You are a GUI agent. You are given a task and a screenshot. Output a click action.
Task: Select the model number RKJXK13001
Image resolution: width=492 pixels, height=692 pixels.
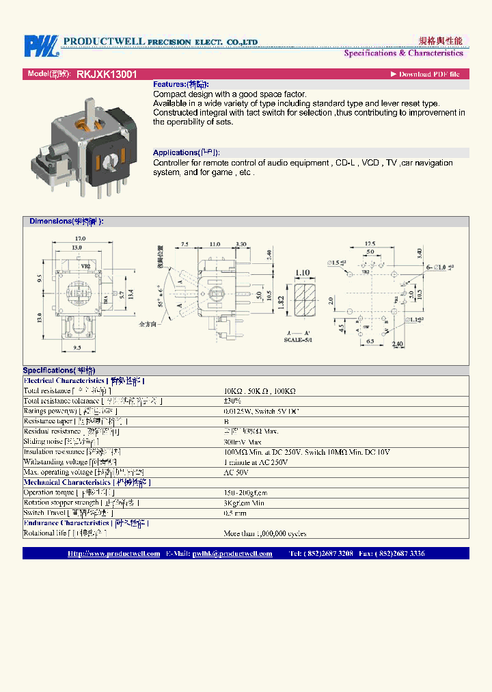pyautogui.click(x=107, y=74)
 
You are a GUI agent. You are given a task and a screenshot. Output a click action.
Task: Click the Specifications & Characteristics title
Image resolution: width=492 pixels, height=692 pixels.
pyautogui.click(x=403, y=53)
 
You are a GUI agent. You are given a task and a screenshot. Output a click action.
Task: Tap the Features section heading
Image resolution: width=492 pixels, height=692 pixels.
pyautogui.click(x=180, y=84)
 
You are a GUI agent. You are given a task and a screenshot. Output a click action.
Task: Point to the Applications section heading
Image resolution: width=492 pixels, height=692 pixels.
pyautogui.click(x=186, y=152)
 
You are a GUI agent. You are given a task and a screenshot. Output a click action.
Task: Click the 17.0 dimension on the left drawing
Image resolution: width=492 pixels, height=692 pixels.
pyautogui.click(x=80, y=239)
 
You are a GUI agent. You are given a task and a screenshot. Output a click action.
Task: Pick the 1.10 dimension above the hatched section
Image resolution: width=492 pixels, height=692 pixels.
pyautogui.click(x=303, y=274)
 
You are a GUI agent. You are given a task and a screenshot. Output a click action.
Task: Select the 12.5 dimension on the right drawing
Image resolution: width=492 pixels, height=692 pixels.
pyautogui.click(x=370, y=243)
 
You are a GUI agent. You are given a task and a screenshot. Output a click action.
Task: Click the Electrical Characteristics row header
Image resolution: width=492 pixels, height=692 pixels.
pyautogui.click(x=84, y=381)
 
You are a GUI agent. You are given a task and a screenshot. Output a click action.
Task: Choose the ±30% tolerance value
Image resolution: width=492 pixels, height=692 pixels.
pyautogui.click(x=232, y=401)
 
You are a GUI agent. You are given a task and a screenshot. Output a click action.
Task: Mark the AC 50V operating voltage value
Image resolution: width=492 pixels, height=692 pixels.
pyautogui.click(x=236, y=473)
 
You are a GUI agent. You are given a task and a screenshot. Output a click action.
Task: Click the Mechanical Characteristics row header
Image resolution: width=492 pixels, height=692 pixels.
pyautogui.click(x=87, y=483)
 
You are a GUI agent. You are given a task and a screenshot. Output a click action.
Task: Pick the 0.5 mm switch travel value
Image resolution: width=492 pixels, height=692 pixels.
pyautogui.click(x=234, y=513)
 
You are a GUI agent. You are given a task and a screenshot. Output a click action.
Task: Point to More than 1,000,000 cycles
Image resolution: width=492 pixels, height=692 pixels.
pyautogui.click(x=265, y=533)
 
